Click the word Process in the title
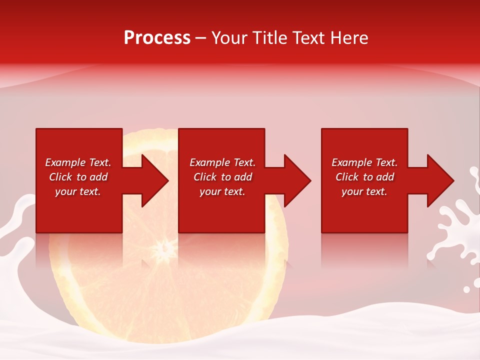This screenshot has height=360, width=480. tap(157, 38)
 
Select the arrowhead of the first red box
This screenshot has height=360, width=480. tap(152, 180)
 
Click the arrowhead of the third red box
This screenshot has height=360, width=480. tap(438, 180)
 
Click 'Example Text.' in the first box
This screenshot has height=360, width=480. tap(78, 162)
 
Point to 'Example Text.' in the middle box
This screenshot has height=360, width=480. tap(222, 162)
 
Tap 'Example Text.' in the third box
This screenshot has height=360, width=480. tap(364, 162)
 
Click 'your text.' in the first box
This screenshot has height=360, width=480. tap(78, 191)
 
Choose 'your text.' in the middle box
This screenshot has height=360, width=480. tap(222, 191)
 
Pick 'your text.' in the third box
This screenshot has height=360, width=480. tap(364, 191)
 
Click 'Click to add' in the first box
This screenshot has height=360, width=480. tap(78, 177)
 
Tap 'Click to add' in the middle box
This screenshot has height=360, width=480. tap(222, 177)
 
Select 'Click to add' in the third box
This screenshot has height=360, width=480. tap(364, 177)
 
